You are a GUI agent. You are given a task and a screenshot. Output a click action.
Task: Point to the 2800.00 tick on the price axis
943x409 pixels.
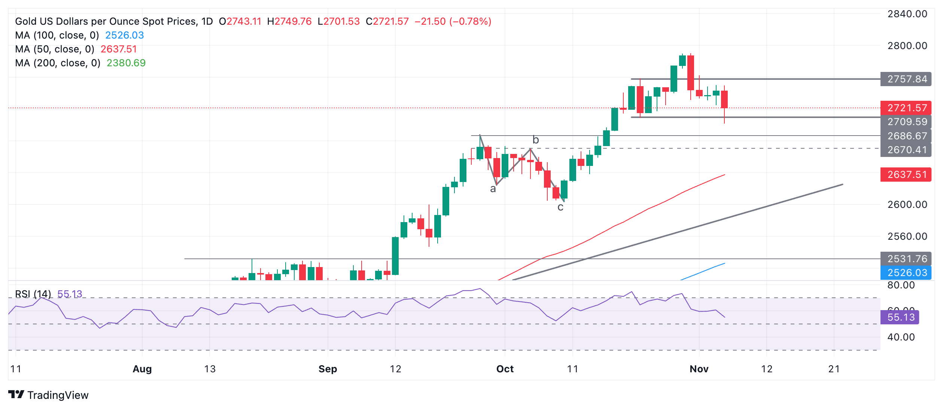point(907,46)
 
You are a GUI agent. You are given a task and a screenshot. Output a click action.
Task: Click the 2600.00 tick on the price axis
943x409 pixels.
point(907,204)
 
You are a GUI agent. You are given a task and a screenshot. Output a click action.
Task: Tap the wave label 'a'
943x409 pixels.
point(493,189)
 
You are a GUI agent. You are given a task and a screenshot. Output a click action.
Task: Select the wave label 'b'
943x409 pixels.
point(536,140)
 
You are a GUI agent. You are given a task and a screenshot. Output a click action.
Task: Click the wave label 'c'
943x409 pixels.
point(560,207)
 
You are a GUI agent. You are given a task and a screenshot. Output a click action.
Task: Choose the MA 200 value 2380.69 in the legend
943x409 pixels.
point(126,63)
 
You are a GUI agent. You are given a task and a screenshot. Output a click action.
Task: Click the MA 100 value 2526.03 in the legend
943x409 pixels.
point(124,35)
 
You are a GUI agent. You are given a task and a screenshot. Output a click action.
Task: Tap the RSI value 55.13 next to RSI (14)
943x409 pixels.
point(70,294)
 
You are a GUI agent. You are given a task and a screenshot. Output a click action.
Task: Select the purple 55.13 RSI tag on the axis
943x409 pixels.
point(900,317)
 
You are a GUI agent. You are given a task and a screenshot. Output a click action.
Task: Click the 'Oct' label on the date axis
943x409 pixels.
point(505,369)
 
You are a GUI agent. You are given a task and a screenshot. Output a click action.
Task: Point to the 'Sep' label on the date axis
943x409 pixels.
point(328,369)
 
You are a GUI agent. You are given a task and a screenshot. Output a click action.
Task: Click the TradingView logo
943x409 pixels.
point(48,395)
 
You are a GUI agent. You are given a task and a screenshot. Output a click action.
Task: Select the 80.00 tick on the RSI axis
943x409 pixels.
point(901,285)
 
